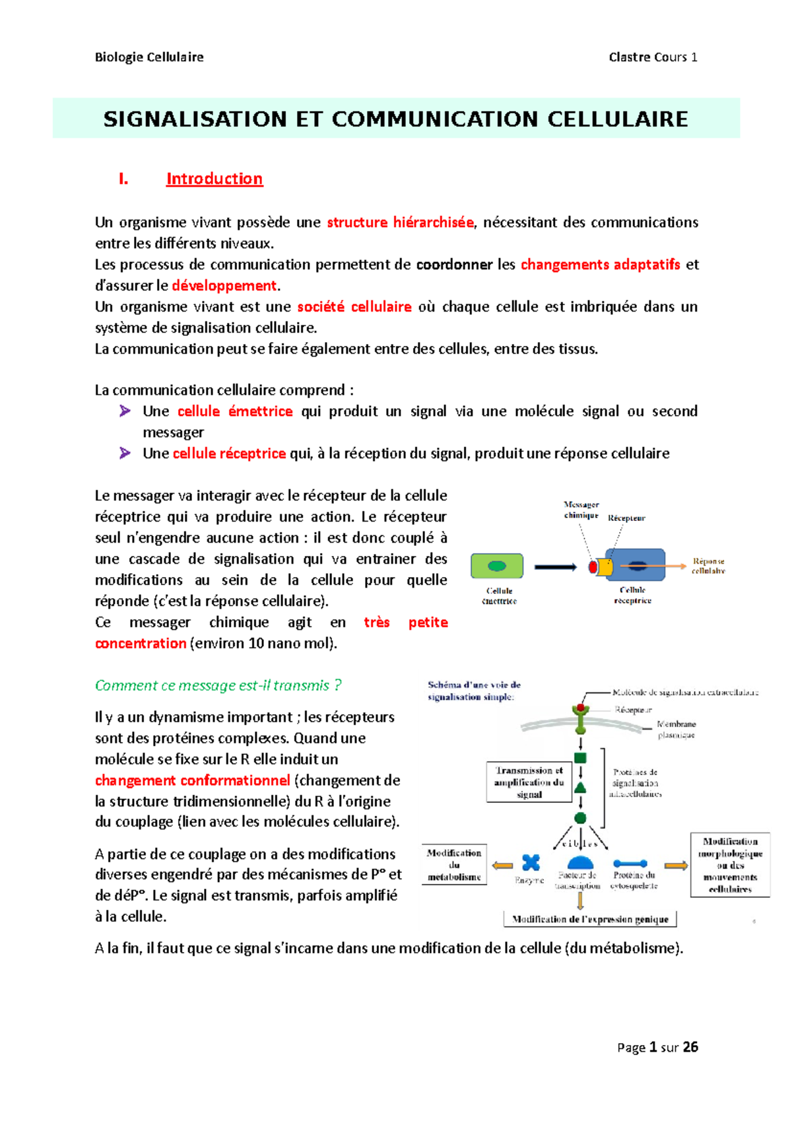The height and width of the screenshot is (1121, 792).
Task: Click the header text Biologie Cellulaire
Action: [x=149, y=57]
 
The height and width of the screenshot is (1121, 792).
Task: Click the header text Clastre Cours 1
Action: [x=653, y=57]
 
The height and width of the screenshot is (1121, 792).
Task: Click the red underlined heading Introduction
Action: [x=214, y=179]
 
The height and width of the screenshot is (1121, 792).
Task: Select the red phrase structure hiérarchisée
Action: [x=400, y=222]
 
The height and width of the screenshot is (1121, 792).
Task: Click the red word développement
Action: [x=224, y=286]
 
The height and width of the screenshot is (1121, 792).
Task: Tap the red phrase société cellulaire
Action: [x=354, y=307]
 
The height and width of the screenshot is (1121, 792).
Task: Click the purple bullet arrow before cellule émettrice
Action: [x=125, y=411]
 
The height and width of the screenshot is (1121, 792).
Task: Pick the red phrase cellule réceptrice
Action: [x=229, y=454]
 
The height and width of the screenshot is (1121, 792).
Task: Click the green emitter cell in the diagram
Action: [x=497, y=566]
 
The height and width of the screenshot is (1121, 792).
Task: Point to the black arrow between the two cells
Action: [x=555, y=566]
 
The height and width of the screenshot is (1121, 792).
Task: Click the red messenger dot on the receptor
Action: [x=593, y=566]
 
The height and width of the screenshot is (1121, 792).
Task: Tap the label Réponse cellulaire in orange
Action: [x=708, y=566]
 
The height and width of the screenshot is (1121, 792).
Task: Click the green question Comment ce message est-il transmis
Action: [x=218, y=685]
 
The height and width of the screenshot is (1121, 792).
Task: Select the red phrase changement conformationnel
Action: [x=193, y=780]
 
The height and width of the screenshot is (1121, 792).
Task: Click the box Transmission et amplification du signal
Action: [x=529, y=782]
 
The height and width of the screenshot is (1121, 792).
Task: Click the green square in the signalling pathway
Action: [x=581, y=758]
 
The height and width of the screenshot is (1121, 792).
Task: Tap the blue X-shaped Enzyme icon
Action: [x=531, y=862]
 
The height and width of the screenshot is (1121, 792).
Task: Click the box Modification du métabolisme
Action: [x=454, y=865]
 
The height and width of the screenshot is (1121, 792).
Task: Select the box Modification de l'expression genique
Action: [x=590, y=919]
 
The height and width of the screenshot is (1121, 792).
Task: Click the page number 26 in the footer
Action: [x=690, y=1047]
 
